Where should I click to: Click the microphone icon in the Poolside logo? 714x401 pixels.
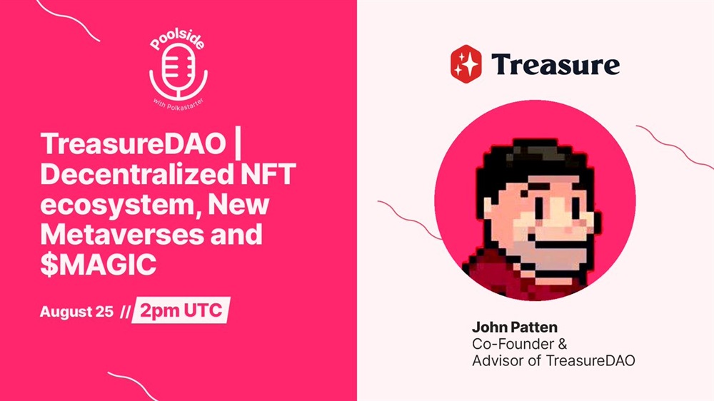coord(178,72)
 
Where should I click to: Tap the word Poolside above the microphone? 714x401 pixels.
coord(177,40)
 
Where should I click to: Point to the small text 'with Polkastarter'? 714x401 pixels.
coord(178,104)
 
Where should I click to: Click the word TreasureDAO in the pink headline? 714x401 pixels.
coord(133,144)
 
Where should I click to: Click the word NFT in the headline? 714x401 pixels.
coord(267,174)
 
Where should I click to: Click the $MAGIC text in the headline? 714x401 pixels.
coord(99,264)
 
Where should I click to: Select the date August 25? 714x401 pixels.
coord(76,312)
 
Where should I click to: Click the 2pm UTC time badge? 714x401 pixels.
coord(181,310)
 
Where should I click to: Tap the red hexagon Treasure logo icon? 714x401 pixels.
coord(466,64)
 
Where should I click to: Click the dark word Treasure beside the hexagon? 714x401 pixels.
coord(555,64)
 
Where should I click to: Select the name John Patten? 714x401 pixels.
coord(515,328)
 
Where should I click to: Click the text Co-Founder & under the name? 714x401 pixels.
coord(520,344)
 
